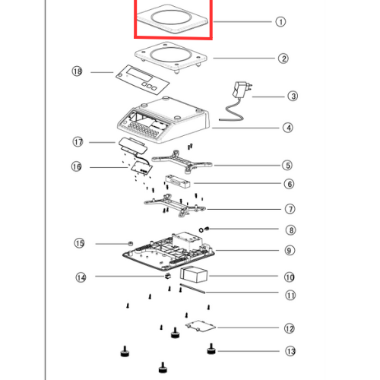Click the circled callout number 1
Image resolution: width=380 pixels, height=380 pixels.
[x=280, y=22]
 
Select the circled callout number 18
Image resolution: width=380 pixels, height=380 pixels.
[x=77, y=71]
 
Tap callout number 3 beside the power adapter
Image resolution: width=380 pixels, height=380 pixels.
[x=293, y=97]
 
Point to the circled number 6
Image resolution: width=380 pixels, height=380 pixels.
[x=289, y=184]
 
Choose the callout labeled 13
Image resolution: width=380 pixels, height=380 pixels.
[x=290, y=351]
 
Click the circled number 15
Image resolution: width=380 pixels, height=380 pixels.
[x=79, y=243]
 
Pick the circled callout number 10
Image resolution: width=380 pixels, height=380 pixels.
[x=290, y=277]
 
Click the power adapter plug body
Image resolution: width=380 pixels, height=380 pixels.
[x=240, y=90]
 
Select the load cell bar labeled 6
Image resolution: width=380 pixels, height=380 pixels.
[x=178, y=181]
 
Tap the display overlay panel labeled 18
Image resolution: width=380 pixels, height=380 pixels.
[x=143, y=80]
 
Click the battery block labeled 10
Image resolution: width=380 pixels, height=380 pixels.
[x=194, y=274]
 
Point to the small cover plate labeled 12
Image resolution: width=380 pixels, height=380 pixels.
[x=200, y=326]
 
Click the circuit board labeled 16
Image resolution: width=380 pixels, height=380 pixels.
[x=142, y=167]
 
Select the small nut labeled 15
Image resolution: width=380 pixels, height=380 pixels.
[x=130, y=243]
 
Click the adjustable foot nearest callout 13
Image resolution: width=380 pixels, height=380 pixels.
[x=211, y=349]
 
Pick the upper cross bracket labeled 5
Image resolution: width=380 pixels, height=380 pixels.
[x=182, y=161]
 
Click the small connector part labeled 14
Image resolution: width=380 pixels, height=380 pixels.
[x=167, y=276]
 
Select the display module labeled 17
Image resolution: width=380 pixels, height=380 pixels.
[x=133, y=146]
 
